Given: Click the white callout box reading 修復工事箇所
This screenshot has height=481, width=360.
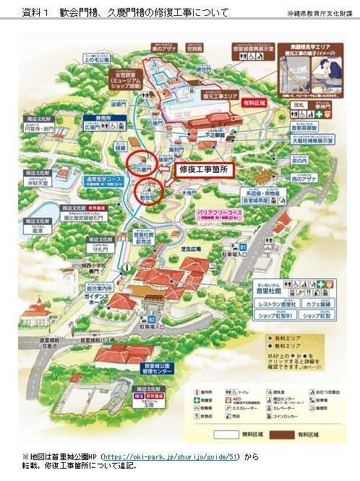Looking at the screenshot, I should (203, 169).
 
